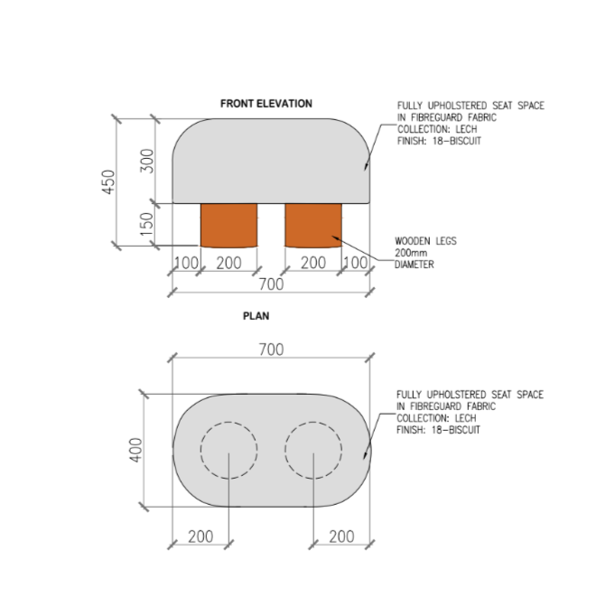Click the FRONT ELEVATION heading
point(266,104)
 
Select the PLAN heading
point(256,316)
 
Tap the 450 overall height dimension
point(108,182)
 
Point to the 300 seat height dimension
point(147,161)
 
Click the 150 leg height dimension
point(147,224)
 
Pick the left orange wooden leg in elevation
point(228,225)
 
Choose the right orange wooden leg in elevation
point(313,225)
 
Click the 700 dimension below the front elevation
point(271,284)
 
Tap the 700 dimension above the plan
point(271,350)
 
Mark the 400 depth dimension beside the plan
point(135,450)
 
